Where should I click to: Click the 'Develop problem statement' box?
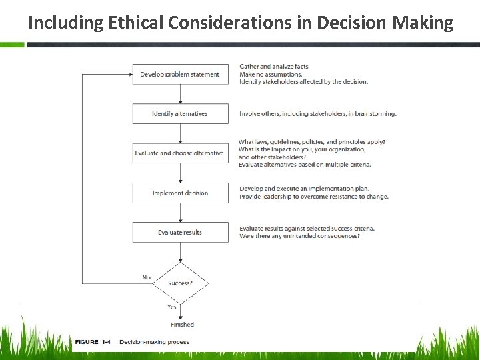(180, 74)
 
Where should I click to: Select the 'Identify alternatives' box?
(180, 113)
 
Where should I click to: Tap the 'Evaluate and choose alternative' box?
(180, 153)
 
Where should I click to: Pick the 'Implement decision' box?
(180, 193)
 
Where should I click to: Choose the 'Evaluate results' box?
(180, 233)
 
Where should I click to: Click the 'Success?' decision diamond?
(181, 283)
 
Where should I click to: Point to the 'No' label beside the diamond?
(146, 277)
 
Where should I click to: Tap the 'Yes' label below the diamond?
(171, 307)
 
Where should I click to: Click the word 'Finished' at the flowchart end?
(182, 325)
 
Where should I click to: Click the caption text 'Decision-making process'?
(155, 342)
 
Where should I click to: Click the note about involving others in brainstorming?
(318, 113)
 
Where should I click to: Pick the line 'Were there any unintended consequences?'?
(300, 236)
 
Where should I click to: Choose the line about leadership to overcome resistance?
(314, 197)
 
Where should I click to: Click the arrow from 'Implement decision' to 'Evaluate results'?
(181, 213)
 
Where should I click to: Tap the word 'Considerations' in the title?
(240, 23)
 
